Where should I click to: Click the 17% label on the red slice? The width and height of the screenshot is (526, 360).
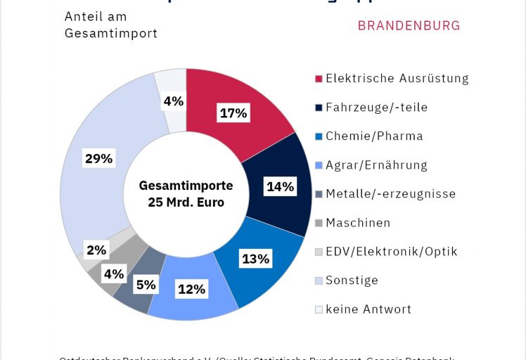(x=233, y=113)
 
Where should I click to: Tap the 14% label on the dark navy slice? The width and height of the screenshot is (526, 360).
(x=280, y=186)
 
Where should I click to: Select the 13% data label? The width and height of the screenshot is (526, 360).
(x=255, y=259)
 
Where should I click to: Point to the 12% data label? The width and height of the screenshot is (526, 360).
(x=191, y=288)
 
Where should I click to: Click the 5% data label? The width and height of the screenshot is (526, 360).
(x=146, y=285)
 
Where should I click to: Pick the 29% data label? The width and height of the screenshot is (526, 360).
(x=98, y=158)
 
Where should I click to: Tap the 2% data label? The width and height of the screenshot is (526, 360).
(x=96, y=250)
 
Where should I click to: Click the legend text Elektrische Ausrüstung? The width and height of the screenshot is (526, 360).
(x=397, y=78)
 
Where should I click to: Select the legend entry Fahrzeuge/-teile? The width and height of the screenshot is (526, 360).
(x=376, y=108)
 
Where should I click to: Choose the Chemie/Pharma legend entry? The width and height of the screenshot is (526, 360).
(x=374, y=136)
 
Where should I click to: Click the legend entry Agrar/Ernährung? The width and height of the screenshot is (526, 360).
(x=376, y=165)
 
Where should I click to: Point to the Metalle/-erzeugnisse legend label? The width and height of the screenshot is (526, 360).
(x=390, y=193)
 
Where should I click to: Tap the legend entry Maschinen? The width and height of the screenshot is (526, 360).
(x=358, y=223)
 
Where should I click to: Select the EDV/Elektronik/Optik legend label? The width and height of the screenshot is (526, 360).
(x=391, y=251)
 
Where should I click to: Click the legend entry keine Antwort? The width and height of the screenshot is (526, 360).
(x=368, y=309)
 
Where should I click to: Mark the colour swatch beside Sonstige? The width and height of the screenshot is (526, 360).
(x=319, y=281)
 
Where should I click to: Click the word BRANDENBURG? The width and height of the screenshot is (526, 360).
(x=409, y=26)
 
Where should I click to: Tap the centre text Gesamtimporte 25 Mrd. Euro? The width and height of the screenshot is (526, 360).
(x=186, y=194)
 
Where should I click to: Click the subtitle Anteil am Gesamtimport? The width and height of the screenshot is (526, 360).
(x=110, y=25)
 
